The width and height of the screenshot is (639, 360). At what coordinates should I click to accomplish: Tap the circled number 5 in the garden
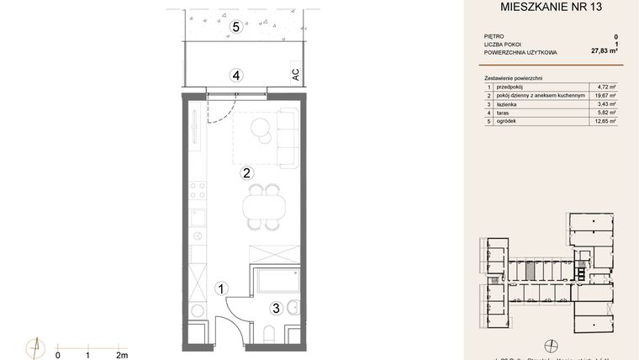pos(236,27)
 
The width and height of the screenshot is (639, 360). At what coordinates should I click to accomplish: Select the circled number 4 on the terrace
pos(237,75)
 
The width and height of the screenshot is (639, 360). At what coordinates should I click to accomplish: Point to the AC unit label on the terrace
pos(295,74)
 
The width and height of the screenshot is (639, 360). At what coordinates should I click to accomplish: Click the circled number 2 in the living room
pos(246,174)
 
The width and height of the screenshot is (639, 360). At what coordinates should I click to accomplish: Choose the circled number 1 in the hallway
pos(220,289)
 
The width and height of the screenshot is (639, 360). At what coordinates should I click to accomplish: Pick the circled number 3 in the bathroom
pos(275,308)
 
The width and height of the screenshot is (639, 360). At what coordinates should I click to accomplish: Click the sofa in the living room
pos(289,137)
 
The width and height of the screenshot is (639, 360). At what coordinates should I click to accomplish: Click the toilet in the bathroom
pos(292,309)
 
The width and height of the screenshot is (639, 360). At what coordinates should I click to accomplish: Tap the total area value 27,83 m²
pos(605,51)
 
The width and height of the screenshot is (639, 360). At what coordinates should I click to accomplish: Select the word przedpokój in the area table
pos(512,86)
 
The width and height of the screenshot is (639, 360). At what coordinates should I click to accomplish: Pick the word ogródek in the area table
pos(509,121)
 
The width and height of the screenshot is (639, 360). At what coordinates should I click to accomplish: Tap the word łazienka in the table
pos(509,103)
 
